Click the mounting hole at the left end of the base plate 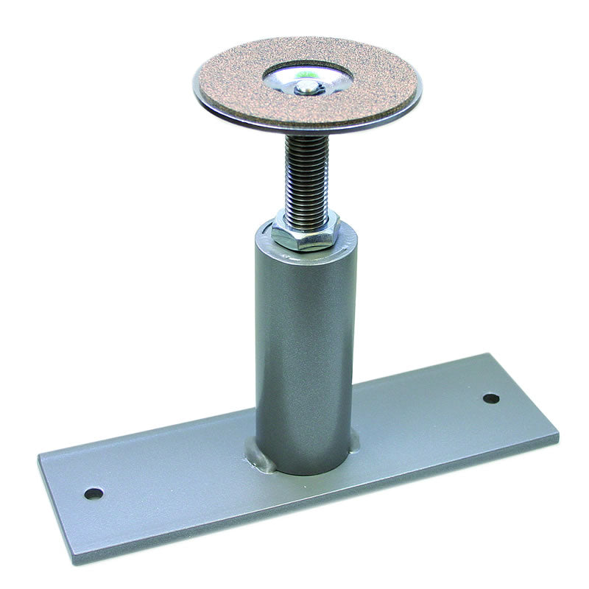coord(93,493)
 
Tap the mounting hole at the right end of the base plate coord(491,398)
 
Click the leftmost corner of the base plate coord(38,460)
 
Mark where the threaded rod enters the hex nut coord(301,214)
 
